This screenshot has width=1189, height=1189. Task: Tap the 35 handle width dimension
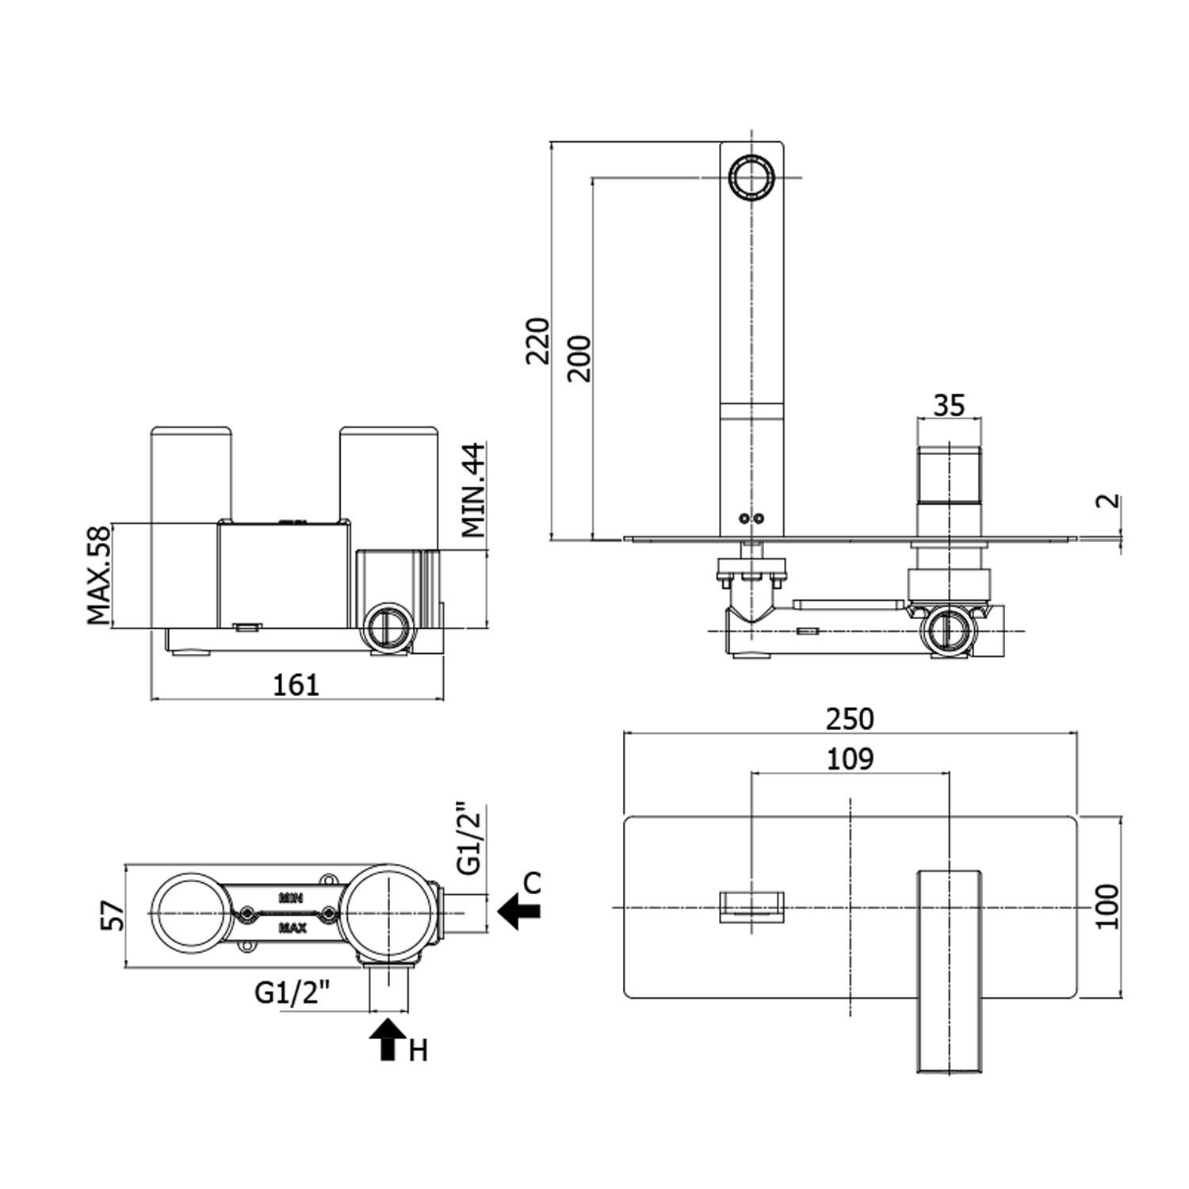pyautogui.click(x=949, y=405)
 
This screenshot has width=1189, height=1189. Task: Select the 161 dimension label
pyautogui.click(x=296, y=685)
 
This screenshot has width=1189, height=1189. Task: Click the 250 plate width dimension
pyautogui.click(x=849, y=719)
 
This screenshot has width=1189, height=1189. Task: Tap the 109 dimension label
pyautogui.click(x=849, y=759)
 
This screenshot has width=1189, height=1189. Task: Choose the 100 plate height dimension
pyautogui.click(x=1107, y=906)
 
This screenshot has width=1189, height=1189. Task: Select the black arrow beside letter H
pyautogui.click(x=388, y=1039)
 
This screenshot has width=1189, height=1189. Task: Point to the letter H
pyautogui.click(x=418, y=1051)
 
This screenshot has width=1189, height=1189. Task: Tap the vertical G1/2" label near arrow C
pyautogui.click(x=469, y=840)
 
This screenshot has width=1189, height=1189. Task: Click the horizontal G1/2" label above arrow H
pyautogui.click(x=292, y=992)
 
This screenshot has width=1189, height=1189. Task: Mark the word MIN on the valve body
pyautogui.click(x=291, y=898)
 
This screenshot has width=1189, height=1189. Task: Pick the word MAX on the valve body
pyautogui.click(x=292, y=927)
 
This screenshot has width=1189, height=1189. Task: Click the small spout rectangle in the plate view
pyautogui.click(x=751, y=907)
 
